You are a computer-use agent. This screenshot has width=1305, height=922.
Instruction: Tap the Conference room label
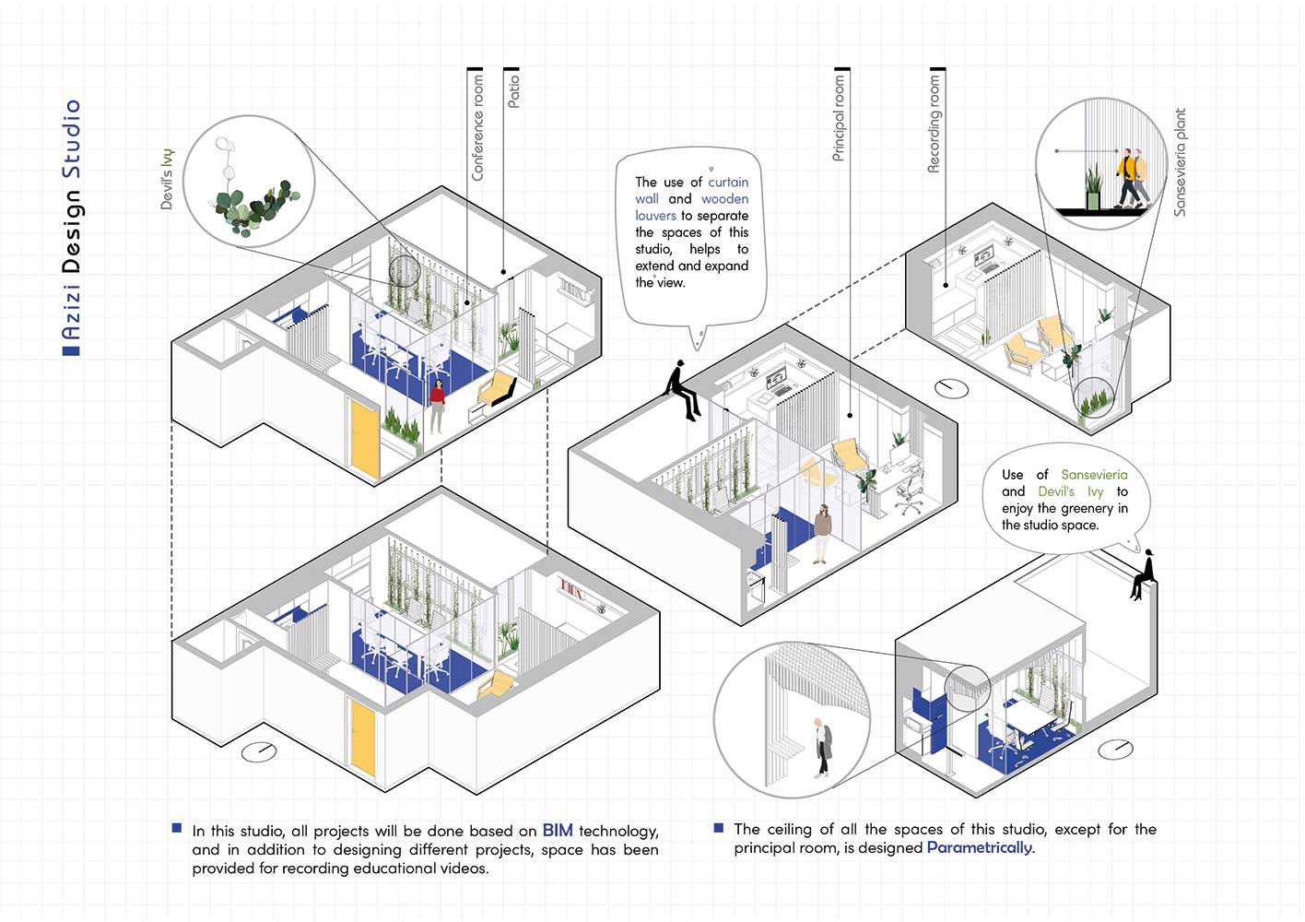(477, 128)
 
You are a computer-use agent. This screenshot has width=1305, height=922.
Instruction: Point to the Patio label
(513, 91)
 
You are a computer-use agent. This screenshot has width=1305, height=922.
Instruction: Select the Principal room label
(839, 119)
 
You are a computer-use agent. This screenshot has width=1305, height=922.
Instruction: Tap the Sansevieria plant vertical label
(1180, 162)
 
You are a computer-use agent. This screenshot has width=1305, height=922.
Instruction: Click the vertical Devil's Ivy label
(167, 178)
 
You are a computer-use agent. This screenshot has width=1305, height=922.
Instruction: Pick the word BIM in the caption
(558, 831)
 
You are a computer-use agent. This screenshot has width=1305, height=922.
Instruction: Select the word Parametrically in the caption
(980, 847)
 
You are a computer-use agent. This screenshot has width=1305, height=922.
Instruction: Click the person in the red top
(437, 404)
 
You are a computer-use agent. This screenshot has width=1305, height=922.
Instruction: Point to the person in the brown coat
(822, 532)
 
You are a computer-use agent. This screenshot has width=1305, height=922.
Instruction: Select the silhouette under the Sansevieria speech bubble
(1145, 574)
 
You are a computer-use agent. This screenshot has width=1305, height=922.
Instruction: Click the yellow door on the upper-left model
(365, 437)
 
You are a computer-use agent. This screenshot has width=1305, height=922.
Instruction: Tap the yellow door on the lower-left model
(363, 736)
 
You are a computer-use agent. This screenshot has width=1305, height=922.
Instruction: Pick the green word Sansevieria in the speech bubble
(1094, 475)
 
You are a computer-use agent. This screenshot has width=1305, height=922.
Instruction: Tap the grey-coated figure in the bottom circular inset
(822, 746)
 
